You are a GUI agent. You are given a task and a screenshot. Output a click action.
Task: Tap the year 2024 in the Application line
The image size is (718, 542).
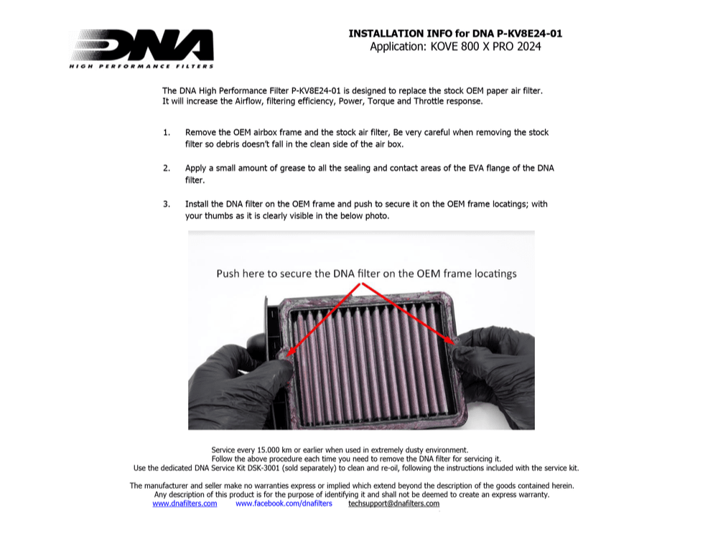click(x=527, y=47)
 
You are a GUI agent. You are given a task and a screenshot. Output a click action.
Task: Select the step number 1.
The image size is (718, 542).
click(x=167, y=133)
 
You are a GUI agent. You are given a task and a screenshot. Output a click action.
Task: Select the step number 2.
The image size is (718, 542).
click(x=167, y=168)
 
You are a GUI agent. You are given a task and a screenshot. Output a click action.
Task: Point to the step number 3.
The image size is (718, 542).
click(x=167, y=204)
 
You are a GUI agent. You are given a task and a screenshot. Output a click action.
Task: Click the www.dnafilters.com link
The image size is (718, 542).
click(x=185, y=503)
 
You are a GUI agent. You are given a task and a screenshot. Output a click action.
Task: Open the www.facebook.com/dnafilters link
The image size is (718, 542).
click(x=284, y=503)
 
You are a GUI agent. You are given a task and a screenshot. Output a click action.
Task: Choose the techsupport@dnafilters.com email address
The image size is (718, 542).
click(x=393, y=503)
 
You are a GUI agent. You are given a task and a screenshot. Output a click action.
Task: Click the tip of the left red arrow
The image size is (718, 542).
click(x=289, y=353)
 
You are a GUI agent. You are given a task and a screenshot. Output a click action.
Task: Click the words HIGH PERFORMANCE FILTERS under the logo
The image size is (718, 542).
click(x=141, y=66)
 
